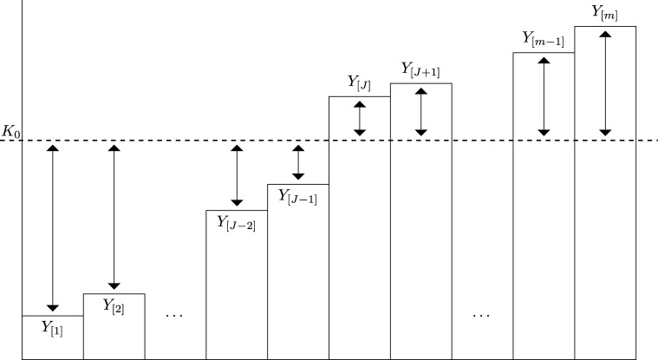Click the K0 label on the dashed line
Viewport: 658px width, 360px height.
[x=12, y=131]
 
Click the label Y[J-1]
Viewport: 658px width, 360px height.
[x=297, y=195]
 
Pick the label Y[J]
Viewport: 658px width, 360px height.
[x=359, y=83]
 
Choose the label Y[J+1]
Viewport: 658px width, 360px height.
[x=420, y=70]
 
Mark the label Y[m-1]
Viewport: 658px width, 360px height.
[x=544, y=39]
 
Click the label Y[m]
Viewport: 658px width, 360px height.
[x=605, y=13]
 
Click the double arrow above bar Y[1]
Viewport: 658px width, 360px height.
[x=52, y=227]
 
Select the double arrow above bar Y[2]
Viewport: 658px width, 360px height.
[x=114, y=217]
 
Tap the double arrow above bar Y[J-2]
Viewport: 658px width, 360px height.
[x=236, y=174]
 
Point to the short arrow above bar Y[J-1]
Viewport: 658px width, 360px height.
[x=298, y=161]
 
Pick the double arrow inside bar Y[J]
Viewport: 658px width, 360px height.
[x=360, y=118]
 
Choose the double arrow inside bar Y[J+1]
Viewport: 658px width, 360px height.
[x=421, y=112]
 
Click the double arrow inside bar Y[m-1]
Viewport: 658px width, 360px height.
[x=544, y=96]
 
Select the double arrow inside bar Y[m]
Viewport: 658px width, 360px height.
[x=605, y=83]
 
